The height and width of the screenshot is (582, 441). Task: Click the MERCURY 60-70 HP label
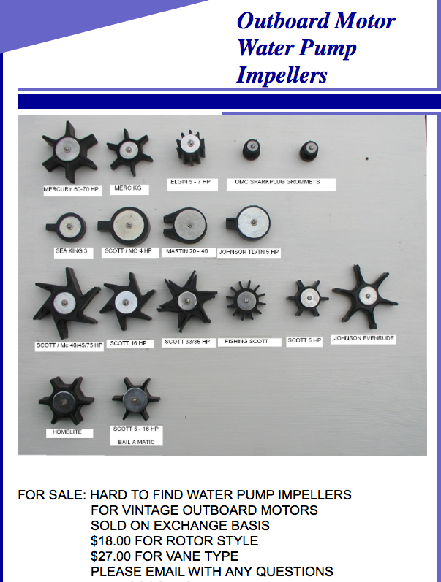tap(71, 189)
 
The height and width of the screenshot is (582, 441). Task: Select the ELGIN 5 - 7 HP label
tap(190, 182)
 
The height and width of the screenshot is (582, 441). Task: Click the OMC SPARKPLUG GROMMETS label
tap(277, 182)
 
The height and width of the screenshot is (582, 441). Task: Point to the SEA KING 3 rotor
tap(67, 227)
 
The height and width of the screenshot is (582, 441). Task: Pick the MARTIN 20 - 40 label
tap(187, 251)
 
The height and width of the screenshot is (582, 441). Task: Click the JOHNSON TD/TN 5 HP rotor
tap(249, 223)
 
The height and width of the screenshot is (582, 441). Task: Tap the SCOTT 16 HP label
tap(128, 344)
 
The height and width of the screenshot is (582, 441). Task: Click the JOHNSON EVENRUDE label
tap(363, 338)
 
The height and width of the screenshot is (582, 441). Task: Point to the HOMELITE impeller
tap(67, 400)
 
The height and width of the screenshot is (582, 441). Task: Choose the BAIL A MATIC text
tap(136, 442)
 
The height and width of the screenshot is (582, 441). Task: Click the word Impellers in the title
tap(282, 74)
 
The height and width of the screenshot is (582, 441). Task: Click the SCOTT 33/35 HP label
tap(187, 342)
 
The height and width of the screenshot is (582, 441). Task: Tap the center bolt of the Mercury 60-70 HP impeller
tap(68, 149)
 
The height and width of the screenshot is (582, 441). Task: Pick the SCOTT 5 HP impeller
tap(307, 298)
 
